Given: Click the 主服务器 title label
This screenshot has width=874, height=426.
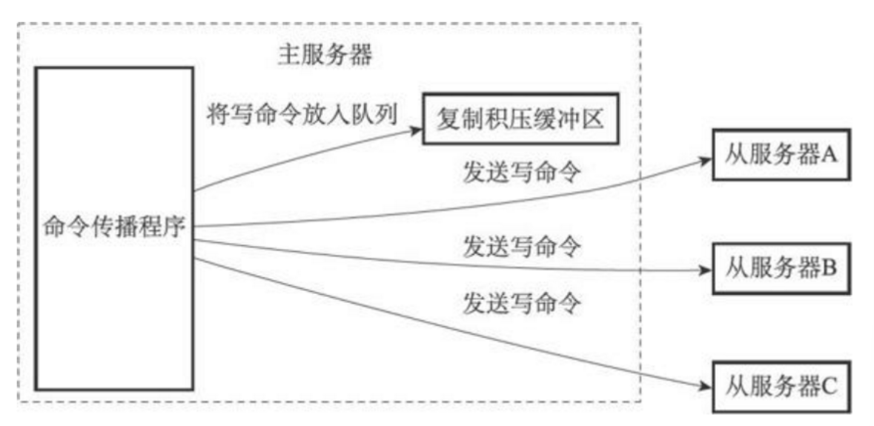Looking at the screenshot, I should pyautogui.click(x=325, y=56).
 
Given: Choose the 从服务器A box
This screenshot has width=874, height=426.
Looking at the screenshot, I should pyautogui.click(x=778, y=157).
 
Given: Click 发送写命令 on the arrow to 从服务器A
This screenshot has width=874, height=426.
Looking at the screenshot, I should pyautogui.click(x=522, y=176).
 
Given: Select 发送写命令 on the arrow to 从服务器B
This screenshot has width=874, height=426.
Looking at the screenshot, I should pyautogui.click(x=522, y=245).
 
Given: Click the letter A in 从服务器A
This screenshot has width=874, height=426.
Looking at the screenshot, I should pyautogui.click(x=828, y=157).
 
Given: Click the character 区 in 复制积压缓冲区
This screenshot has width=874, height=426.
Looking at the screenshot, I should pyautogui.click(x=603, y=119).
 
